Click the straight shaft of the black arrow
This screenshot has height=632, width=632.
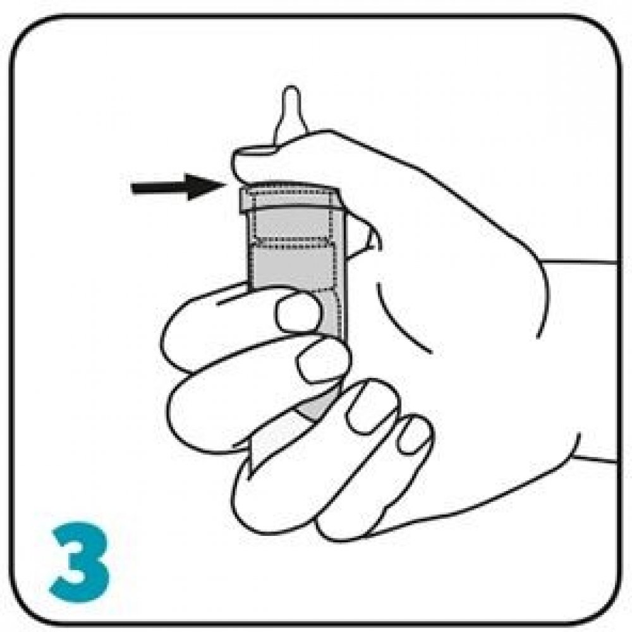(159, 188)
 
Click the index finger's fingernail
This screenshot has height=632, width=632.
(299, 312)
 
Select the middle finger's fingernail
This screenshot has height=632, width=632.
(323, 360)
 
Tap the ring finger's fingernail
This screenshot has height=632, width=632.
(372, 406)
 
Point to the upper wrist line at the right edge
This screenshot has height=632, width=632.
(578, 262)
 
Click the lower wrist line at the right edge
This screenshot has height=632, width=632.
(595, 459)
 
